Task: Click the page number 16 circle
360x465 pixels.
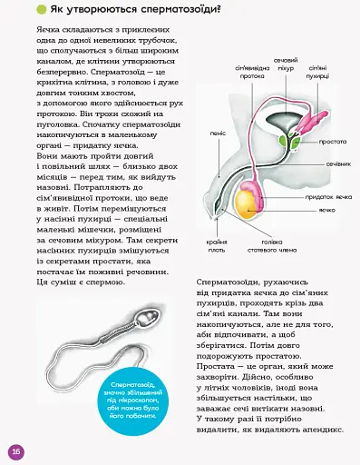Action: [15, 450]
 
